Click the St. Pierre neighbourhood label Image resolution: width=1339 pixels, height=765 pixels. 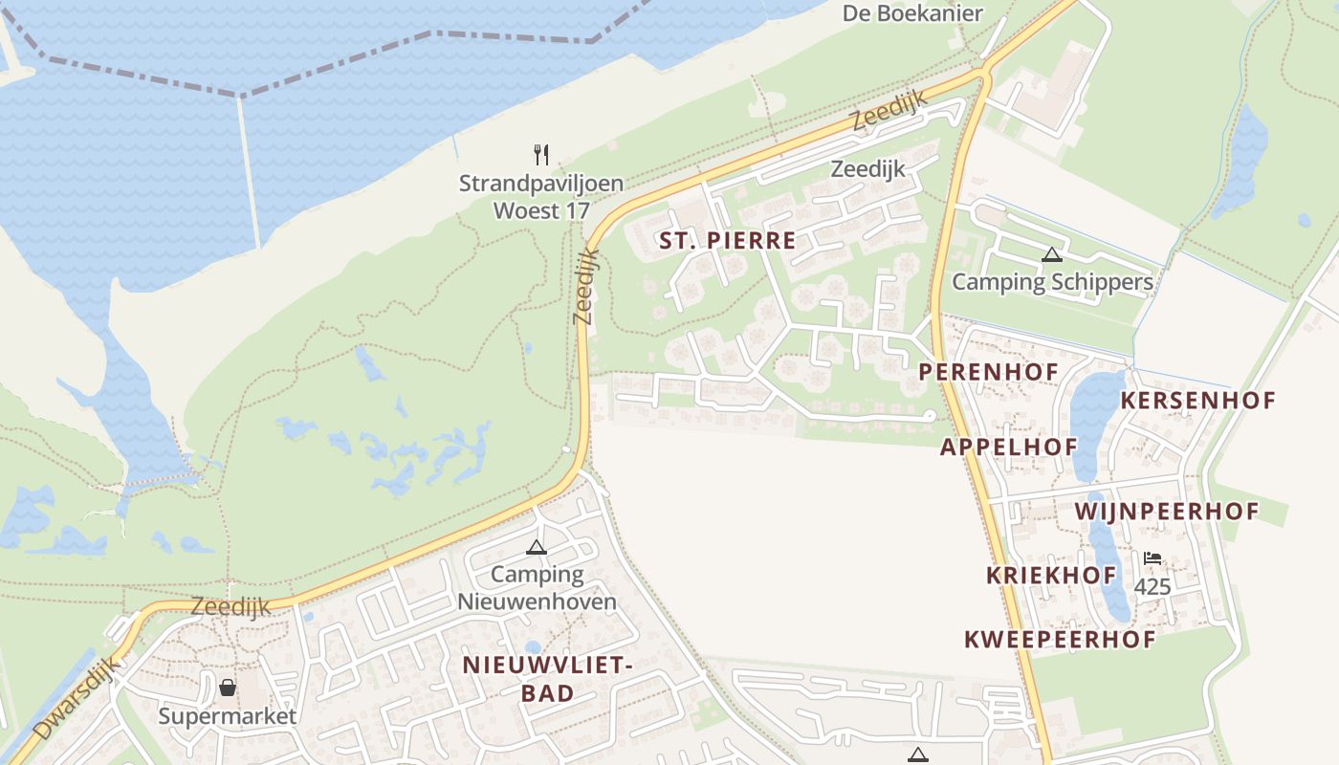point(727,240)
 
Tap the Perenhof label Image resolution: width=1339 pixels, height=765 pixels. point(989,371)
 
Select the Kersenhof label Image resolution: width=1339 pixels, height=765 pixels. point(1197,400)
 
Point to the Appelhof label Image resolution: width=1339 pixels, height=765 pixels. point(1009,447)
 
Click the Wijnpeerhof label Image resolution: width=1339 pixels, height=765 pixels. point(1167,512)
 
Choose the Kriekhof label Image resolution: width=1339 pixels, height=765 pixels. point(1051,576)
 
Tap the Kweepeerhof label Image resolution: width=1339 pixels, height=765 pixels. point(1060,640)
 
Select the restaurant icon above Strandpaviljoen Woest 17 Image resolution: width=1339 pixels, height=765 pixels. point(541,154)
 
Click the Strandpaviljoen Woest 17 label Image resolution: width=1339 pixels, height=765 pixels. point(541,196)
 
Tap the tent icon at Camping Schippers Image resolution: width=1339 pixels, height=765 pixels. point(1052,254)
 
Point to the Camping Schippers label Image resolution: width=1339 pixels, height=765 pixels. point(1052,282)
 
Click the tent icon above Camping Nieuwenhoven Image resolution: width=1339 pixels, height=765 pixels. point(537,547)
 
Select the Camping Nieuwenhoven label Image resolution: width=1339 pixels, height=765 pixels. point(537,588)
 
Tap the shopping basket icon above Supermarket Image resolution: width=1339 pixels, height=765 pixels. point(228,688)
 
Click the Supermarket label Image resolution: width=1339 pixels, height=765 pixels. point(228,715)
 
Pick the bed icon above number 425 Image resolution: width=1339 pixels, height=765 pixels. point(1152,558)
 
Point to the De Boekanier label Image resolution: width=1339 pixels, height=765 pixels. point(912,12)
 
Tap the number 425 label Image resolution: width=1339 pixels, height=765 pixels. point(1152,586)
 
